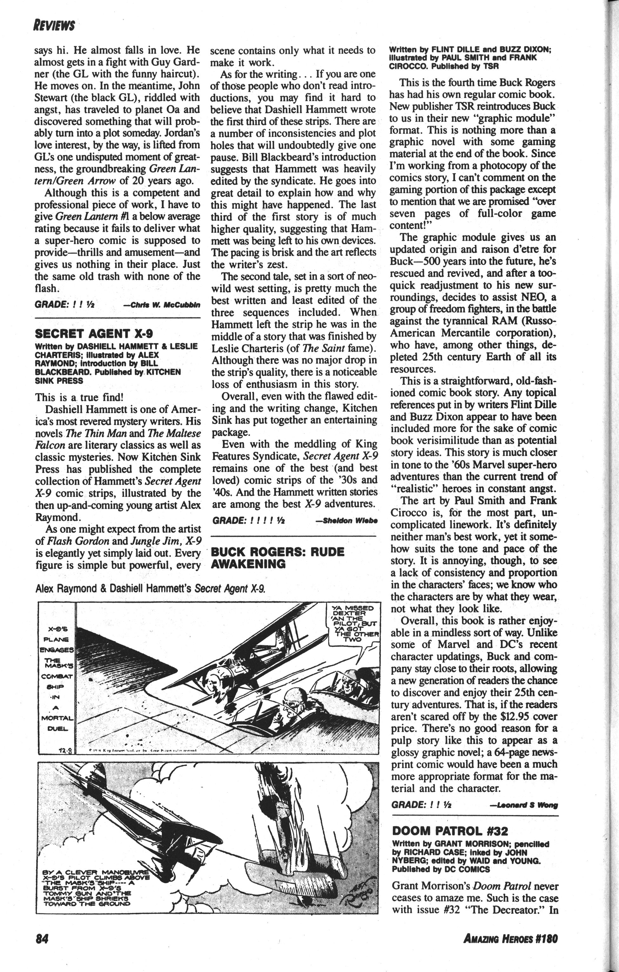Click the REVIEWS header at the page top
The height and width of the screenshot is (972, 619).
click(54, 26)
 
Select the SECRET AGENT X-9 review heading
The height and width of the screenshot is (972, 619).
click(94, 333)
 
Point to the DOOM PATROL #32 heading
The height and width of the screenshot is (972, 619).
click(450, 831)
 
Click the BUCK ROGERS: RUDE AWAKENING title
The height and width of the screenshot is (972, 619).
click(278, 557)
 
